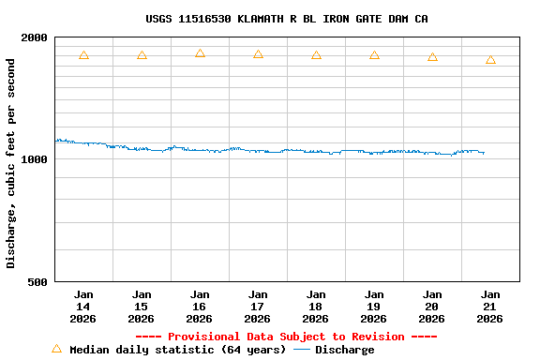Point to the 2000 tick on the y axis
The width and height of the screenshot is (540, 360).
coord(35,37)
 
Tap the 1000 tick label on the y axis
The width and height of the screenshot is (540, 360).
coord(35,159)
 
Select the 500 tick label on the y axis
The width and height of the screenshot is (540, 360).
coord(38,281)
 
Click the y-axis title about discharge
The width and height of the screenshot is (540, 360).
coord(11,163)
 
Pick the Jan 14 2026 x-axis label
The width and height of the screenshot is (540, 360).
coord(83,307)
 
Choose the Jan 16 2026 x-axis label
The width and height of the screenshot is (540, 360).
coord(200,307)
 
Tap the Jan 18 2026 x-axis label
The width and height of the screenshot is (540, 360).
coord(316,307)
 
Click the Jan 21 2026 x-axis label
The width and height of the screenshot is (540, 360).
coord(490,307)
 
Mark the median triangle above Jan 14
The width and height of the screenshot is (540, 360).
coord(83,55)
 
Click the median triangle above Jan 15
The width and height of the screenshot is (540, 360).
coord(142,55)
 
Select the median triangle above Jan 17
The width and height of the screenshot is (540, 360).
coord(258,54)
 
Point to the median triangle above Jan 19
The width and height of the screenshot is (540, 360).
coord(374,55)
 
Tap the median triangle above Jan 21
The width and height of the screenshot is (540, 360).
coord(490,60)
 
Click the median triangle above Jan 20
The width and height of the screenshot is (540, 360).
coord(432,57)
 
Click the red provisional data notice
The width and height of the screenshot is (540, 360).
coord(286,337)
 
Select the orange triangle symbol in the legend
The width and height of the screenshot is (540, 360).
coord(56,349)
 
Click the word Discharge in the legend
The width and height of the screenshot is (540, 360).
coord(344,350)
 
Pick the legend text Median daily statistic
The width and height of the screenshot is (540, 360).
coord(177,350)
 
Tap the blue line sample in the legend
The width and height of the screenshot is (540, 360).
coord(302,350)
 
